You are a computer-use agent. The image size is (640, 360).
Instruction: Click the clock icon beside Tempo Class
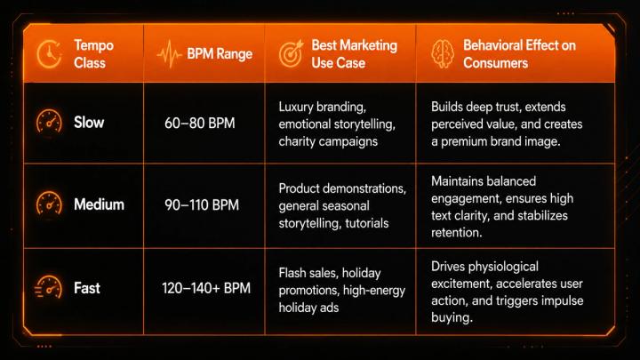(x=50, y=54)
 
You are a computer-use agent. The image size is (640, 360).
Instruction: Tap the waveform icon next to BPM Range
(x=169, y=54)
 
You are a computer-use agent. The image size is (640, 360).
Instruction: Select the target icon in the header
(x=292, y=53)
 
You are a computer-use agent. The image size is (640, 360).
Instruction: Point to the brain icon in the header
(x=443, y=53)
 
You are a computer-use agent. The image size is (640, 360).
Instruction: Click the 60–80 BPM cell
(x=200, y=123)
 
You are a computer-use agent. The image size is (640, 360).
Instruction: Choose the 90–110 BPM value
(x=202, y=204)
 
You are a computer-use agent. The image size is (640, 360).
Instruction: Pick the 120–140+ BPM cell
(x=206, y=288)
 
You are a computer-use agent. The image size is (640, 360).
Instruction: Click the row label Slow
(x=89, y=123)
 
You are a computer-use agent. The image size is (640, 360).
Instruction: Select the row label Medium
(x=100, y=204)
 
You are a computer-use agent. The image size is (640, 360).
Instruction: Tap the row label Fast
(x=87, y=288)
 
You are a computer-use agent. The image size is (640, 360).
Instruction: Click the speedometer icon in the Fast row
(x=48, y=287)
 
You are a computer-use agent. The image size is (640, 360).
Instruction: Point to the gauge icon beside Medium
(x=49, y=203)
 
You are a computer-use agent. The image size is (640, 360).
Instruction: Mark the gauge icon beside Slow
(x=49, y=121)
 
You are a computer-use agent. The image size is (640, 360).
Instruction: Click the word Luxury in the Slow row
(x=296, y=107)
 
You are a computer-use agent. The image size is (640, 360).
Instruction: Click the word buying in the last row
(x=452, y=317)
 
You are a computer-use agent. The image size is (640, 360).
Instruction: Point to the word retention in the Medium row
(x=457, y=232)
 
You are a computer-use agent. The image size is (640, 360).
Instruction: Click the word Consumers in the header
(x=495, y=63)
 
